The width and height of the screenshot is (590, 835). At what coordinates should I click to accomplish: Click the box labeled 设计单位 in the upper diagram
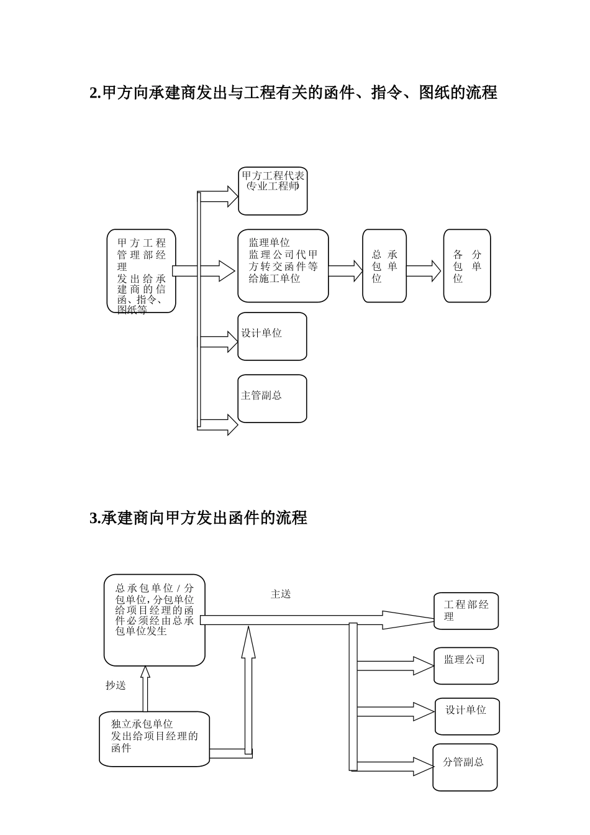click(272, 336)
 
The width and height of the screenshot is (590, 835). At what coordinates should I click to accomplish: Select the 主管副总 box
click(272, 398)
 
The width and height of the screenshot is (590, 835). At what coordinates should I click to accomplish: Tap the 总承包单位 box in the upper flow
click(384, 266)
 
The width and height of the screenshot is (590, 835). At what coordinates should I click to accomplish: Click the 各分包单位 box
click(466, 266)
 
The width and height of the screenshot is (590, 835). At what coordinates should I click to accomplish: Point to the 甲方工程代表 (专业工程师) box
click(273, 191)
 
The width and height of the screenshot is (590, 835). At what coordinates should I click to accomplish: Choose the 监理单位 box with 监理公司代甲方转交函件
click(283, 266)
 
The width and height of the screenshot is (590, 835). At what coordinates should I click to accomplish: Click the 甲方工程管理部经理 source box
click(142, 271)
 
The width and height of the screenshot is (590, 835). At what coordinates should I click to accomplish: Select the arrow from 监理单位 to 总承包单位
click(346, 270)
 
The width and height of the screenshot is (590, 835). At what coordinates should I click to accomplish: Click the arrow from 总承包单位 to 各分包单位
click(424, 270)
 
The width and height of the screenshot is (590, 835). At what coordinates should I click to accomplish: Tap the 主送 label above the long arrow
click(281, 594)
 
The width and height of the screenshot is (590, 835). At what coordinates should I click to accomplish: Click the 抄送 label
click(116, 685)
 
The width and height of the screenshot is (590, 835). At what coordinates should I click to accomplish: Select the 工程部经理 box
click(466, 611)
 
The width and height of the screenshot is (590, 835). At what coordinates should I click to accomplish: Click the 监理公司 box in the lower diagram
click(466, 665)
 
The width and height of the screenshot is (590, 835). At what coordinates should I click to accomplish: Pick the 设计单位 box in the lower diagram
click(467, 716)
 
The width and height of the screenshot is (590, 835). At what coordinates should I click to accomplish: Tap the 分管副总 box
click(465, 767)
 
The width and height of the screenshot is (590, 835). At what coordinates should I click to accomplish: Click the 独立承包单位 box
click(154, 739)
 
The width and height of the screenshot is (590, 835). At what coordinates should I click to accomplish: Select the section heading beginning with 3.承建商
click(199, 518)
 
